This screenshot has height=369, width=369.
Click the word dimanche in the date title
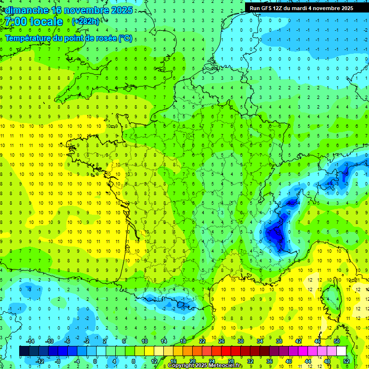(25, 10)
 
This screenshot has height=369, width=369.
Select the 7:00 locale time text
(34, 22)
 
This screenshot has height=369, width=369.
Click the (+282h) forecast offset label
(86, 22)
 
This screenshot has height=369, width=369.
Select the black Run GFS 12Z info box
(301, 8)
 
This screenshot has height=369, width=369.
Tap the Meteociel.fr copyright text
(205, 366)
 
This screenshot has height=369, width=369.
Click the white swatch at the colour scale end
(341, 351)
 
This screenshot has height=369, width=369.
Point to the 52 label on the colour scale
(346, 361)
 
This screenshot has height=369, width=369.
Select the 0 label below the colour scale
(95, 361)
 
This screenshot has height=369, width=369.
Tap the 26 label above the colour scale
(221, 341)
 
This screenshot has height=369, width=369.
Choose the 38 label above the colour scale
(279, 341)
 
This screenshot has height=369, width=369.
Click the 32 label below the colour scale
(250, 361)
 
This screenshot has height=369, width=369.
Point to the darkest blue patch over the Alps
(274, 234)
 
